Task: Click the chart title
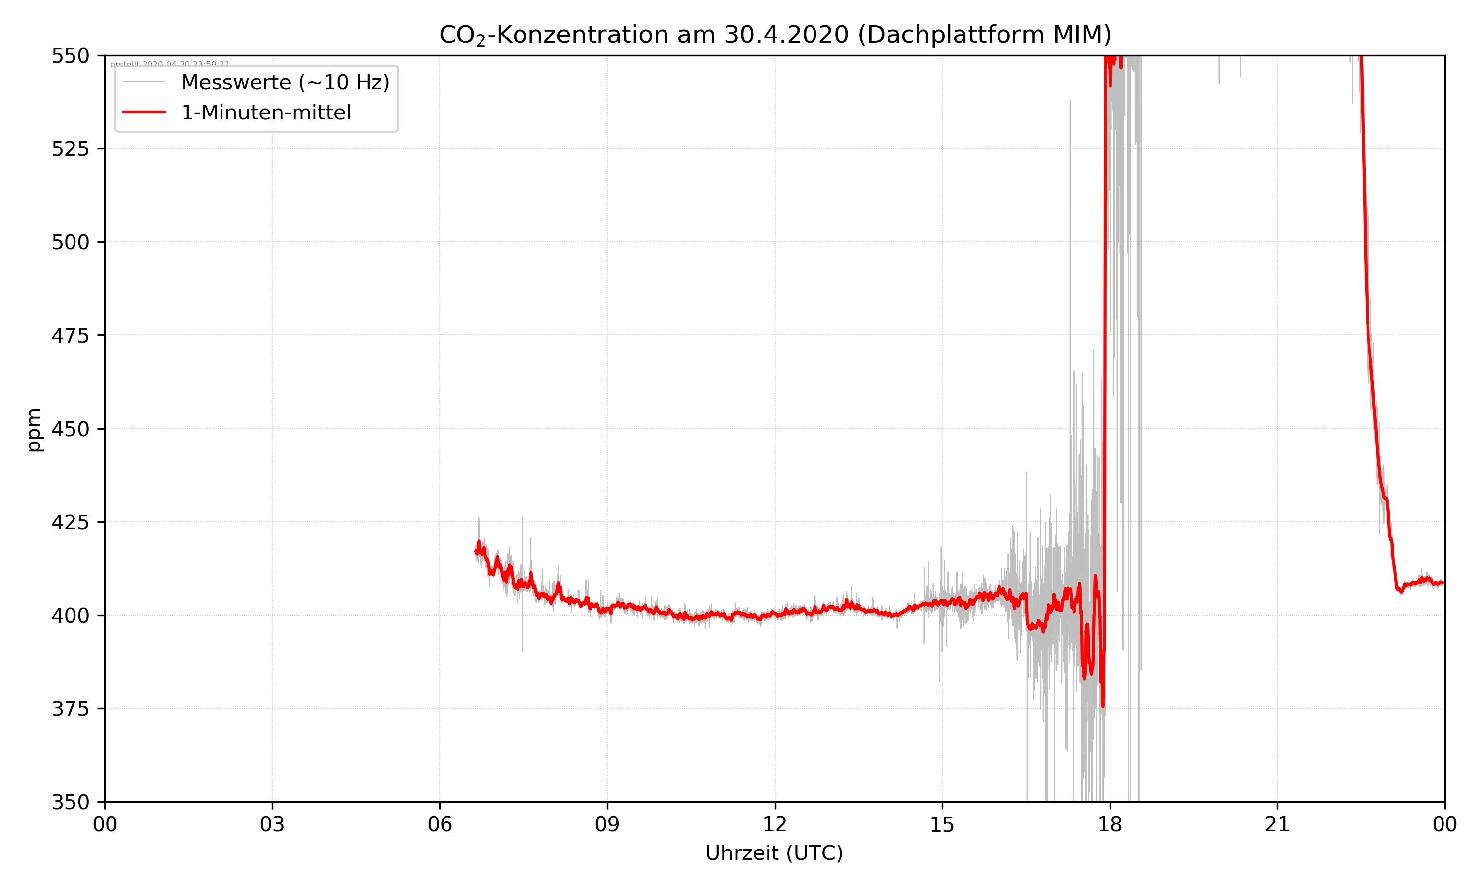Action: [775, 35]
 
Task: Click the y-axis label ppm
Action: [34, 430]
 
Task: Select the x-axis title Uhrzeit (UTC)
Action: [774, 852]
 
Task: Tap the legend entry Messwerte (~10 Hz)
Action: [285, 82]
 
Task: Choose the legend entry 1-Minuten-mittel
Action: [265, 112]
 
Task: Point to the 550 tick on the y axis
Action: [70, 56]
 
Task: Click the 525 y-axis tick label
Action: [70, 149]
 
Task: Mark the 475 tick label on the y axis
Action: [70, 335]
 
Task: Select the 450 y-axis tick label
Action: [70, 429]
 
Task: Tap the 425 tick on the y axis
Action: [70, 522]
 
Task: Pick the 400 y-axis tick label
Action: [70, 616]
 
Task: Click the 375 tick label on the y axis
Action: [70, 709]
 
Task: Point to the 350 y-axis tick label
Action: [70, 803]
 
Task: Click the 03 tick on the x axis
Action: [272, 824]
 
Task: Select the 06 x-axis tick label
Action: [440, 824]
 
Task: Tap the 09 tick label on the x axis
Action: [607, 824]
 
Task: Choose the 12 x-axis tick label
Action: [775, 824]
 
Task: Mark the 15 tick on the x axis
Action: [942, 824]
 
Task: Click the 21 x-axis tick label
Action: [1277, 824]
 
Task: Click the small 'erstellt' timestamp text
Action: [170, 64]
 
